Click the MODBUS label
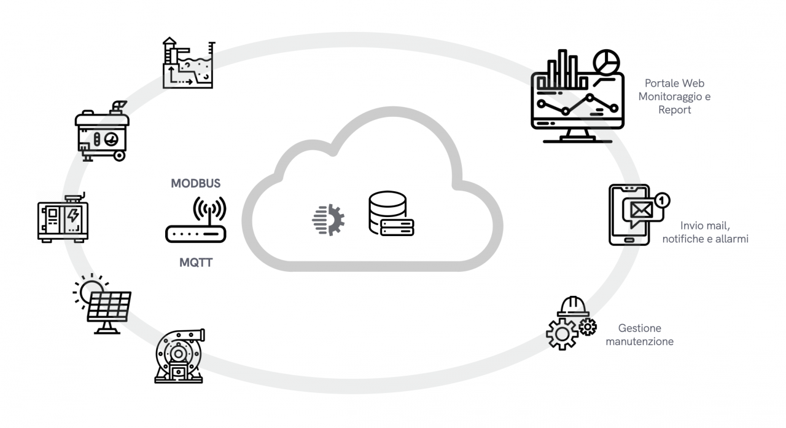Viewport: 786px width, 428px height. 195,183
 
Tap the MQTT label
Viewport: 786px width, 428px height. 196,262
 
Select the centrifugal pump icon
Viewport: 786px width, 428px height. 179,356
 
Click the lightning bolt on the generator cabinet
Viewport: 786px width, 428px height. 73,216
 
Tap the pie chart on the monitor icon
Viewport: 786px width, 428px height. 606,62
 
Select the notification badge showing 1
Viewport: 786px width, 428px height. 662,200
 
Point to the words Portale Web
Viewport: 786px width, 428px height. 674,84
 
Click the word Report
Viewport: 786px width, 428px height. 675,110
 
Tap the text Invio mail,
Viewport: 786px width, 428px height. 705,225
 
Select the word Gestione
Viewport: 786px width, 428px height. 639,328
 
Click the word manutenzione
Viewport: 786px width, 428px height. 639,341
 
